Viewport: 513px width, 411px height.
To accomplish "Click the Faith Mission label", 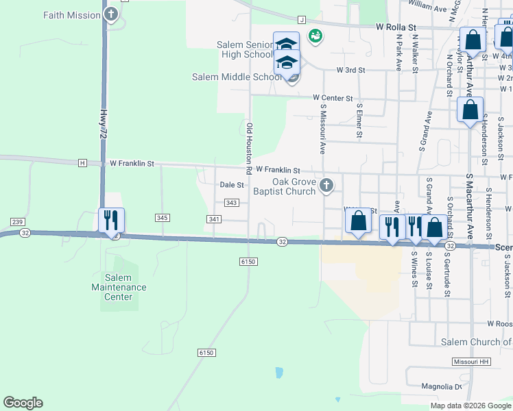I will point(71,14).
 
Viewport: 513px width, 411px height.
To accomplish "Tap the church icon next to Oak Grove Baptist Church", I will point(327,185).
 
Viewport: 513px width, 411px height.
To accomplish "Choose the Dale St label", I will point(232,185).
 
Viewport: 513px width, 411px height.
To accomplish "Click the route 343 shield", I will point(232,203).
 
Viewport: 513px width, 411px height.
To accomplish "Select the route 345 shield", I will point(162,217).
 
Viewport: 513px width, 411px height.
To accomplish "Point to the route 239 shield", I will point(18,222).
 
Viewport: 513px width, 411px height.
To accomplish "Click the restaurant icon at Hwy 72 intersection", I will point(111,221).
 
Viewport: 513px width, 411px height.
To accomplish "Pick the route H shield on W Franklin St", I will point(82,163).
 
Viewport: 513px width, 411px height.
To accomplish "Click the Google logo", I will point(23,403).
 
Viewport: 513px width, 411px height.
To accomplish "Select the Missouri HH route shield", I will point(469,361).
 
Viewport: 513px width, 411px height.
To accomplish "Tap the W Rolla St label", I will point(396,27).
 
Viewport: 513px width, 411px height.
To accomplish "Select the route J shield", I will point(302,20).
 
